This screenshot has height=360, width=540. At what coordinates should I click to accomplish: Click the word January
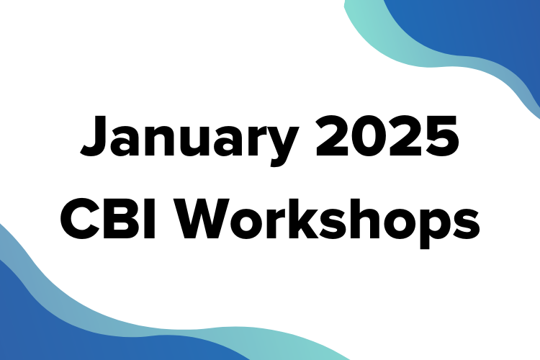point(189,140)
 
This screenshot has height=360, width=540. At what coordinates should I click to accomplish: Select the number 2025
point(387,136)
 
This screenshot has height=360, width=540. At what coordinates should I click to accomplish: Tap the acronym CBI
point(108,219)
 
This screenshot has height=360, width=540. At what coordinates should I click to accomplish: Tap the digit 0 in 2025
point(369,136)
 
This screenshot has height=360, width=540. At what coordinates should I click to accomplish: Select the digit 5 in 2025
point(442,136)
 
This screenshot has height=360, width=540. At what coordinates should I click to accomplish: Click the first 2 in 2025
point(333,136)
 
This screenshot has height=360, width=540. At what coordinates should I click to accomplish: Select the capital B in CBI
point(123,219)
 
